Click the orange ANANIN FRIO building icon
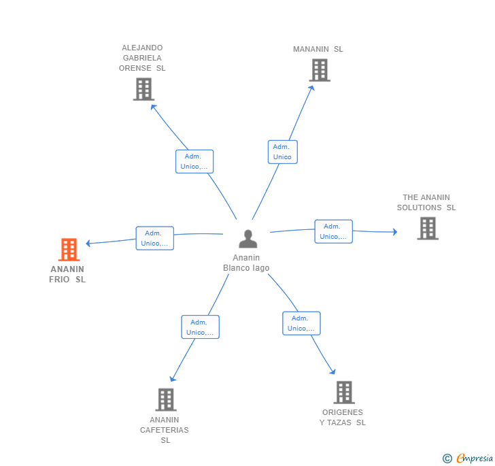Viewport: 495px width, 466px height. point(69,249)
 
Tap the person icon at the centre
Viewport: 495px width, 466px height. point(247,239)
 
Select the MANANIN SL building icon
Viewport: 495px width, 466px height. point(320,70)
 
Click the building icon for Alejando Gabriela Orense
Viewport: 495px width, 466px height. point(143,89)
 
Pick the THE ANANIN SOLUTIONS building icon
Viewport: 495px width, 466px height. point(428,229)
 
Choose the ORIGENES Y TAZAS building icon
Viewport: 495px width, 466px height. point(344,393)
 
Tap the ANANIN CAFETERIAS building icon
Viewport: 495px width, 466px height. point(166,399)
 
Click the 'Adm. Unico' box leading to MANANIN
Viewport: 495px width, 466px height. point(283,152)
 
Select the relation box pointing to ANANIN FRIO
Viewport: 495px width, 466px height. point(155,238)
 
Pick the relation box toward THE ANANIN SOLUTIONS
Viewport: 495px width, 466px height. point(333,231)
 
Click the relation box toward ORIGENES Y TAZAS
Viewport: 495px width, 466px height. point(301,323)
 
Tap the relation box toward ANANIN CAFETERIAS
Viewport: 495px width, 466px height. point(200,327)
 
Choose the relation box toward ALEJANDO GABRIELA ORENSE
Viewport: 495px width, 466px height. point(194,161)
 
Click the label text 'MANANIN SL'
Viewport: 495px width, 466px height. point(318,49)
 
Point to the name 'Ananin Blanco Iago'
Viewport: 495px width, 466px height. point(246,263)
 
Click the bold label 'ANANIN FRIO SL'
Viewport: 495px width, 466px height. point(67,274)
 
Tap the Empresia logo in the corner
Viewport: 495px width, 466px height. point(468,458)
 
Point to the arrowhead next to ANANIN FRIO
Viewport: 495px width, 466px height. point(88,243)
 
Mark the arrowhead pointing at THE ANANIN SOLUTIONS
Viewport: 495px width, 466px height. point(395,232)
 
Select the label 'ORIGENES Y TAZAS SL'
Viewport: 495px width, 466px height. point(343,417)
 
